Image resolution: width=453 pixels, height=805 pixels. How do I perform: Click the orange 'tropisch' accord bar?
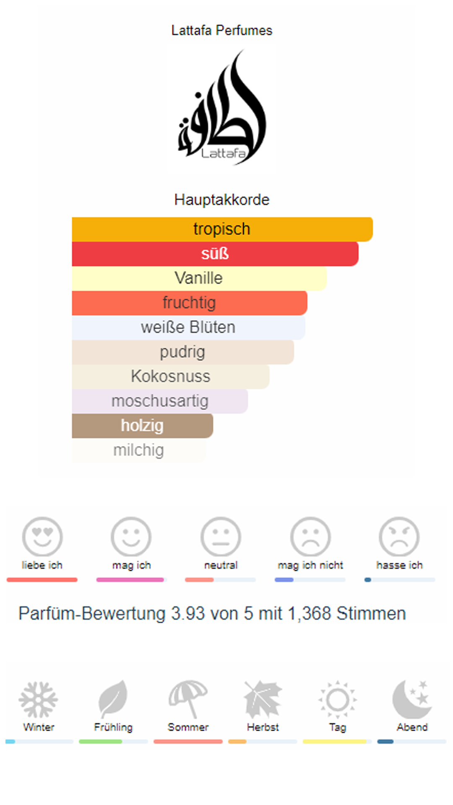(222, 229)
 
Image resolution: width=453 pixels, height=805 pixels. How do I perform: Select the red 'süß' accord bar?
(215, 254)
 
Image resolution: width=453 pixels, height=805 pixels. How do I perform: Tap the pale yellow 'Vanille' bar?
(199, 278)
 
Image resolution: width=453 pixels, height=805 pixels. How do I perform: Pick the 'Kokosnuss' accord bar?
(170, 376)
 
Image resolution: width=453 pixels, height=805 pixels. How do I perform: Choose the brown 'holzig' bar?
(142, 426)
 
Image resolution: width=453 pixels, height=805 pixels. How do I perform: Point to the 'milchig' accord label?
(138, 450)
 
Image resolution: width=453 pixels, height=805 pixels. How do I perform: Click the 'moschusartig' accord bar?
(160, 401)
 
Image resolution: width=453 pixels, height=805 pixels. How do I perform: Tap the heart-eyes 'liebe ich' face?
(42, 537)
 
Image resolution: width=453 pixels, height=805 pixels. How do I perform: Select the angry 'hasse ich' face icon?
(399, 537)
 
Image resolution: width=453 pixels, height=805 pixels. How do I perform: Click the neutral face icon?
(221, 537)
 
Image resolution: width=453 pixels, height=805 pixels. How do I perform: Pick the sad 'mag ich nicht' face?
(310, 537)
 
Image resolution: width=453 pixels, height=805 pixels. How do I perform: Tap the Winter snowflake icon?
(38, 699)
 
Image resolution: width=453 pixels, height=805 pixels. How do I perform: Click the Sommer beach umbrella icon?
(188, 699)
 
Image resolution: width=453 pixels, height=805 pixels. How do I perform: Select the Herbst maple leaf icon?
(263, 699)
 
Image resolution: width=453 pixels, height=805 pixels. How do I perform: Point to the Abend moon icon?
(412, 699)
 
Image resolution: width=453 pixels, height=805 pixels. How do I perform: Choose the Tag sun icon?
(338, 699)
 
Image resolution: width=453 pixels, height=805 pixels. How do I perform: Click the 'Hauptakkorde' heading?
(222, 200)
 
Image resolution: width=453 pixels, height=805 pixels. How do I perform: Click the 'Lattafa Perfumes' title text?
(222, 30)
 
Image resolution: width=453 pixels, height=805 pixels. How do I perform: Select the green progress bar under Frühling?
(101, 742)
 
